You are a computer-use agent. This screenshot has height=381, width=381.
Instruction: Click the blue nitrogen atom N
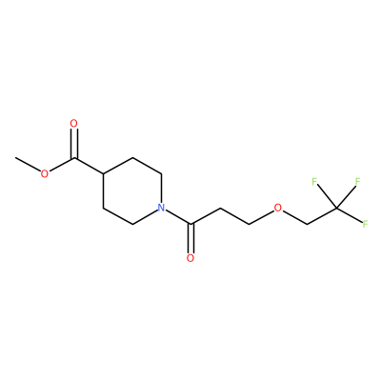pyautogui.click(x=162, y=208)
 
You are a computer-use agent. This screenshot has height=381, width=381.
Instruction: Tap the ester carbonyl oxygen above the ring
pyautogui.click(x=74, y=123)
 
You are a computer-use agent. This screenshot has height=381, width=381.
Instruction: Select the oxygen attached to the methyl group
pyautogui.click(x=45, y=173)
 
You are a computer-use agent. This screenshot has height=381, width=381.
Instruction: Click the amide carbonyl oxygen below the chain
pyautogui.click(x=190, y=258)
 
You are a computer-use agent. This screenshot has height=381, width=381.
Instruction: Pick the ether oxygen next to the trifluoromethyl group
pyautogui.click(x=278, y=208)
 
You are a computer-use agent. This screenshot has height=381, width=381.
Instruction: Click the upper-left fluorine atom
pyautogui.click(x=314, y=182)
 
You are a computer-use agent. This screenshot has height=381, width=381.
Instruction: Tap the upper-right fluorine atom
pyautogui.click(x=358, y=182)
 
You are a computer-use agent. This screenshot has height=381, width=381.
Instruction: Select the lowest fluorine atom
pyautogui.click(x=366, y=224)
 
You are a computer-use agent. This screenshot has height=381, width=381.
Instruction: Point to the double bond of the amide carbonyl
pyautogui.click(x=190, y=239)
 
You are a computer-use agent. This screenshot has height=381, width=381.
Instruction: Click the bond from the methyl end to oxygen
pyautogui.click(x=28, y=164)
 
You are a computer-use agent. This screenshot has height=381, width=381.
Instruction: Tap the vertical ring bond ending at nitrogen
pyautogui.click(x=162, y=189)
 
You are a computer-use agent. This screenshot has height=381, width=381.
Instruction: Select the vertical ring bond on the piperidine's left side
pyautogui.click(x=103, y=190)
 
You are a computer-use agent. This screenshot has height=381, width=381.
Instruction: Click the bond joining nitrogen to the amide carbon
pyautogui.click(x=178, y=217)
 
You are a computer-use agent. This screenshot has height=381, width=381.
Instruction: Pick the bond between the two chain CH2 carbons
pyautogui.click(x=234, y=216)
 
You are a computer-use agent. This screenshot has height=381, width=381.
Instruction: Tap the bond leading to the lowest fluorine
pyautogui.click(x=350, y=215)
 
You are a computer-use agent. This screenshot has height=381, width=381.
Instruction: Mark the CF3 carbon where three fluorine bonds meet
pyautogui.click(x=336, y=208)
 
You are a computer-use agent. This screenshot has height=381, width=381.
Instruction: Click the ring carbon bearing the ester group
pyautogui.click(x=103, y=174)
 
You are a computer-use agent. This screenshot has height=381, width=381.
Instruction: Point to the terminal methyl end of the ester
pyautogui.click(x=15, y=157)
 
